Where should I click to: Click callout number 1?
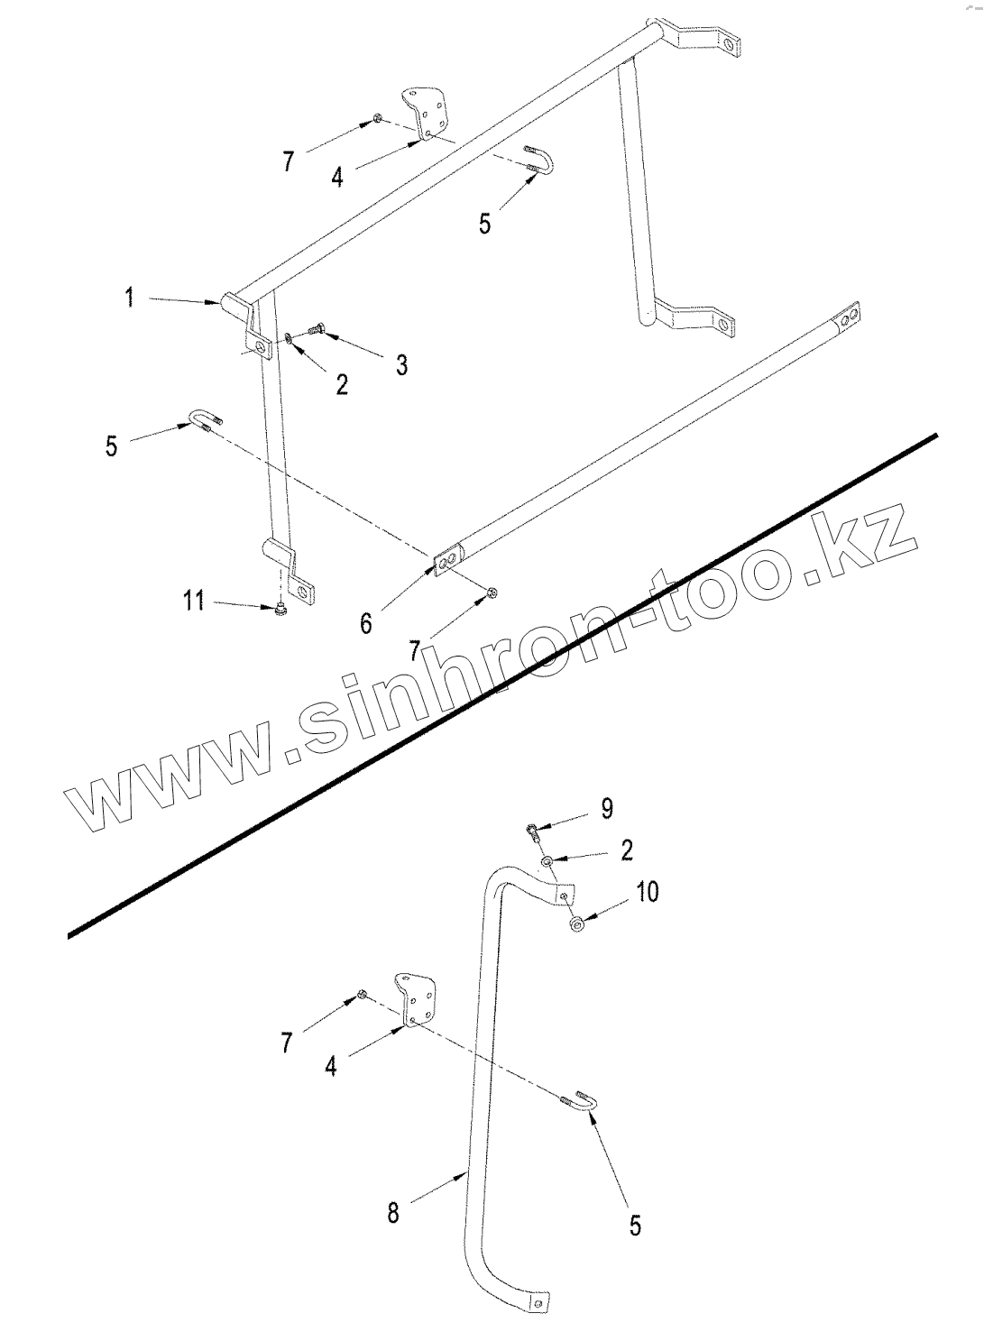[x=130, y=296]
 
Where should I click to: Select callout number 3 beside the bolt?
[x=401, y=364]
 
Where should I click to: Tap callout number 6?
[x=366, y=622]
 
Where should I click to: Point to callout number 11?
[x=194, y=600]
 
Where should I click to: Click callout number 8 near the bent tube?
[x=393, y=1213]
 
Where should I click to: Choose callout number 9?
[x=607, y=808]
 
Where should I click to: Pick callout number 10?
[x=648, y=891]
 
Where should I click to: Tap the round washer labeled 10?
[x=576, y=924]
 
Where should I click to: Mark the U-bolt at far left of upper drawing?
[x=205, y=419]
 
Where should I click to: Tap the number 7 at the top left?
[x=288, y=161]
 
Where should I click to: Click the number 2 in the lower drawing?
[x=627, y=850]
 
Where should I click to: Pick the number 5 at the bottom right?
[x=635, y=1226]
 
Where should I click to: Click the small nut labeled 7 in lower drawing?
[x=361, y=994]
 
